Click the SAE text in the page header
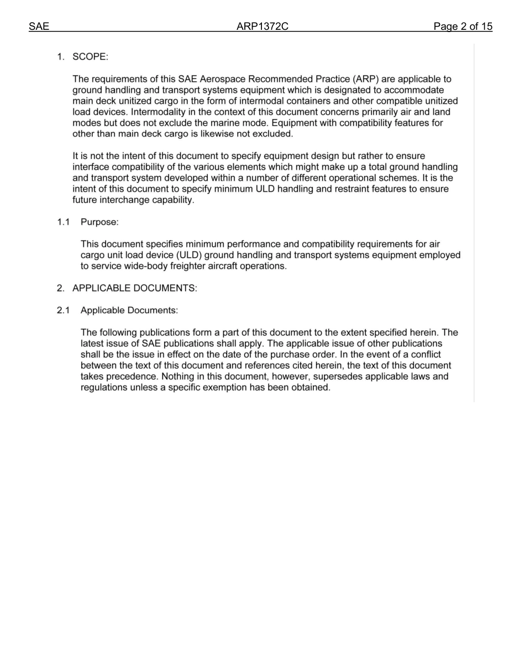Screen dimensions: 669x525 click(39, 27)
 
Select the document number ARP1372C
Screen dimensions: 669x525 click(262, 27)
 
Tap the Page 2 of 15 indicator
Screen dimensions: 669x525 click(463, 27)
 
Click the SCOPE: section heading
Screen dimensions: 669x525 click(91, 57)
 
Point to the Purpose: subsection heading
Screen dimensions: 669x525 click(99, 222)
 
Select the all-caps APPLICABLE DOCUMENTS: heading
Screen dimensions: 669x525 click(134, 288)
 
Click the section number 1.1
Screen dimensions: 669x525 click(63, 222)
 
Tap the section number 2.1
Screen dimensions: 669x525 click(63, 310)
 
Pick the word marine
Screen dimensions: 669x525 click(227, 123)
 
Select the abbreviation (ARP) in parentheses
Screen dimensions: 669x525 click(365, 79)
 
